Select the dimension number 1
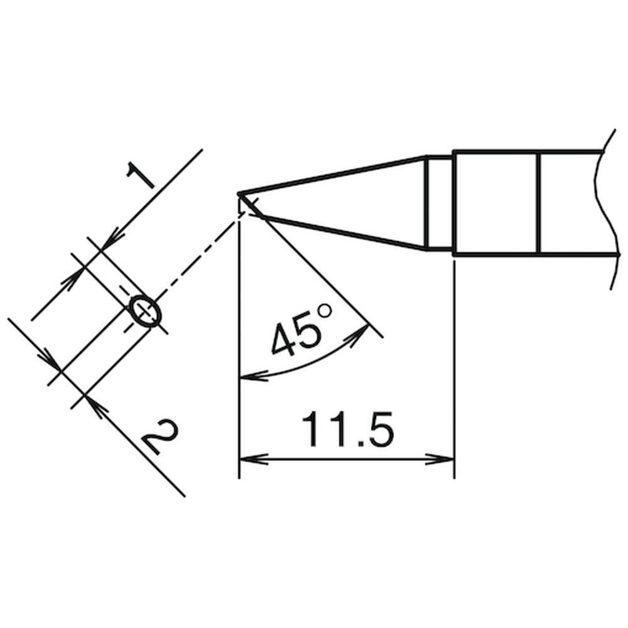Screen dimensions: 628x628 coord(139,175)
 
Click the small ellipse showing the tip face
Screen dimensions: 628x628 coord(143,312)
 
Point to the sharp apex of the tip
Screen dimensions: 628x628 coord(239,195)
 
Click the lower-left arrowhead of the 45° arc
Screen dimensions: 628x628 coord(253,376)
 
